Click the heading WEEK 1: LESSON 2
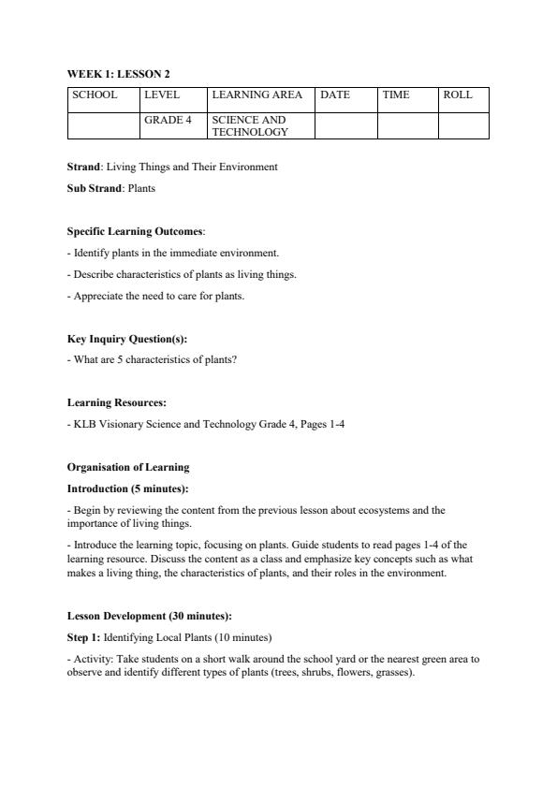[118, 74]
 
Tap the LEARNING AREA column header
[257, 95]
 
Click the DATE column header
[335, 95]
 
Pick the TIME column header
[396, 95]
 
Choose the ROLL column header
[458, 95]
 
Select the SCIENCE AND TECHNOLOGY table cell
[250, 126]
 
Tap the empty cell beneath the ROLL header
[463, 125]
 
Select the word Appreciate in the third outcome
[97, 296]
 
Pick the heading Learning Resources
[117, 402]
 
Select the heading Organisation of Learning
[128, 467]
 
